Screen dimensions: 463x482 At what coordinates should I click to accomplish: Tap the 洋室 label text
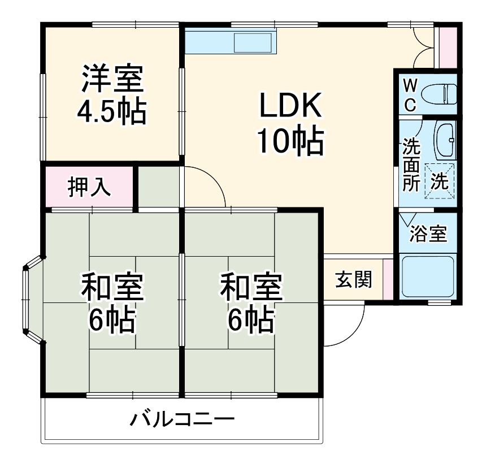point(112,80)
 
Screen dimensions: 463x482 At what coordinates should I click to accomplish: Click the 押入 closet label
point(89,187)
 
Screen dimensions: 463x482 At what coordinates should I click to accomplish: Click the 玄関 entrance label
point(353,279)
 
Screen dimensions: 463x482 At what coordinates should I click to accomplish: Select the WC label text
point(410,94)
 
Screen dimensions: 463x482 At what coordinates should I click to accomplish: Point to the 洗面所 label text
point(411,166)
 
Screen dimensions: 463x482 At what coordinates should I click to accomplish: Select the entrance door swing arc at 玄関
point(346,328)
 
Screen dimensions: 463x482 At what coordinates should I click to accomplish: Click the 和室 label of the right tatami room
point(251,288)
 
